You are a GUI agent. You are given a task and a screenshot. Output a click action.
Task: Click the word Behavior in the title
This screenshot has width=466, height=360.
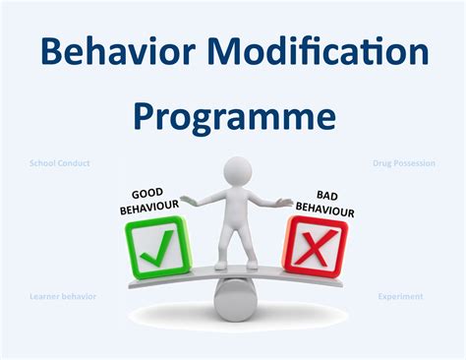click(x=115, y=49)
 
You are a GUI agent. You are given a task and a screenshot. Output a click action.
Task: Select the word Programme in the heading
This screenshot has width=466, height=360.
click(x=234, y=116)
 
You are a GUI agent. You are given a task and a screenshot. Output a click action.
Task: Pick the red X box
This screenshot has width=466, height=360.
click(x=315, y=244)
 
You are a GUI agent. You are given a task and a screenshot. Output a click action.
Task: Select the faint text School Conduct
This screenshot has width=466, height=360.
click(x=60, y=163)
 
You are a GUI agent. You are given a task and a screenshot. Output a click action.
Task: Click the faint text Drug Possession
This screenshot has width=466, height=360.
click(x=404, y=163)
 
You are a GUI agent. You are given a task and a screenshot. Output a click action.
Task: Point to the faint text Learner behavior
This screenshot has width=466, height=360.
click(x=62, y=295)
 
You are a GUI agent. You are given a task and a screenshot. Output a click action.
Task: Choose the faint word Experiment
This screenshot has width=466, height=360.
click(x=401, y=295)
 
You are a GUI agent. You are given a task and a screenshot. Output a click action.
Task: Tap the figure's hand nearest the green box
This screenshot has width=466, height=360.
click(x=188, y=202)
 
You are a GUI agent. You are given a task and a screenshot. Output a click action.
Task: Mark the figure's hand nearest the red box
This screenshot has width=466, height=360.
click(x=286, y=202)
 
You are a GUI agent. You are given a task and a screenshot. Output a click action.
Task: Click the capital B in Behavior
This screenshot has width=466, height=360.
click(x=49, y=49)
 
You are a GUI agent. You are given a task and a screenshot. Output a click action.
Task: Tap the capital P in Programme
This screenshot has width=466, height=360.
click(x=144, y=116)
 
